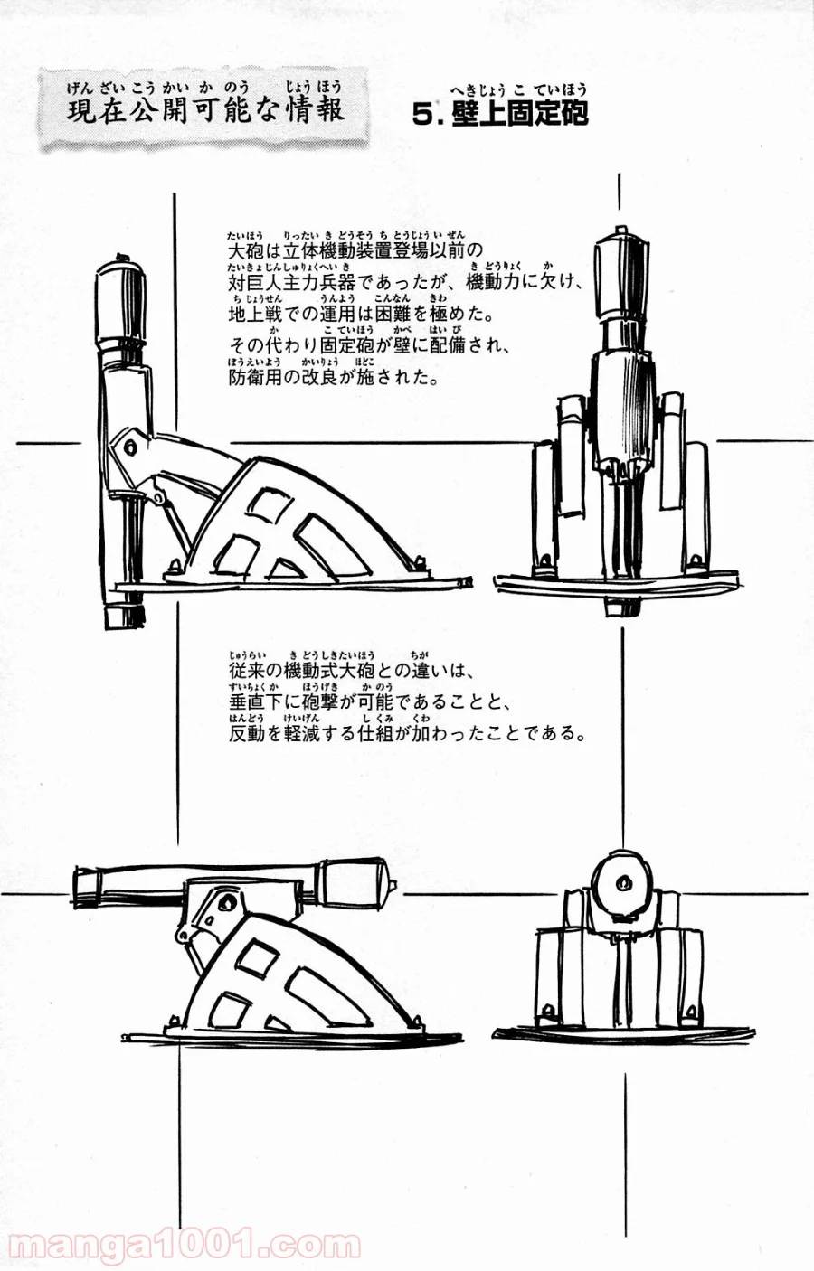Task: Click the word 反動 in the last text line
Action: tap(244, 733)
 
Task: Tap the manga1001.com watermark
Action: tap(181, 1246)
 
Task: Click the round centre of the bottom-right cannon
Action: tap(621, 880)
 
